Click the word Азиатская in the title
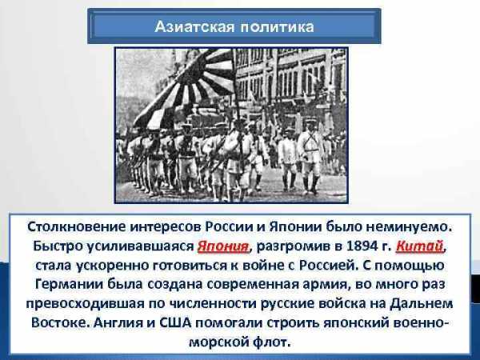click(x=194, y=26)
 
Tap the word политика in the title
click(x=277, y=27)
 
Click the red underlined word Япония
click(x=223, y=246)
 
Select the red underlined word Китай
click(x=419, y=246)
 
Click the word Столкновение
click(x=77, y=227)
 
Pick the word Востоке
click(x=61, y=322)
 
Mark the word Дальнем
click(x=422, y=304)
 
